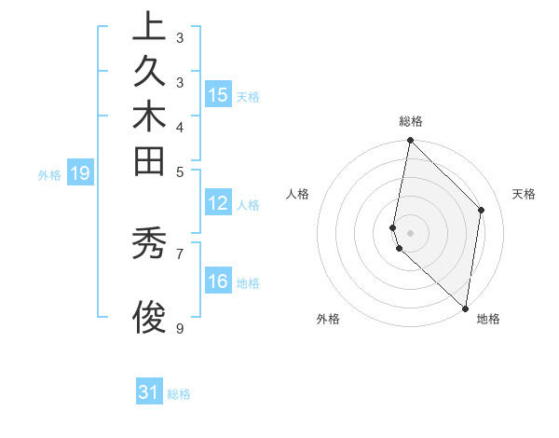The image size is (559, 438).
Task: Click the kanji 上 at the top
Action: [x=149, y=27]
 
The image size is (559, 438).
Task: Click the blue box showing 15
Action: [x=218, y=94]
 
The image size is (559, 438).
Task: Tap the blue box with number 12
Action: [x=218, y=204]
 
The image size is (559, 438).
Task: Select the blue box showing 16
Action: [x=218, y=282]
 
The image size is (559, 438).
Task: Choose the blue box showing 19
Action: [x=81, y=173]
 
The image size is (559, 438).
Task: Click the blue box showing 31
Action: [x=149, y=393]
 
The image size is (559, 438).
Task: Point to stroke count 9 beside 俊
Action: [x=180, y=328]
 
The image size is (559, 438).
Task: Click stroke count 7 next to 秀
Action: [x=180, y=253]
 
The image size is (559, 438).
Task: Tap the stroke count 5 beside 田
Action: [x=180, y=171]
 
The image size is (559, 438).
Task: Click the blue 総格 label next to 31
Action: [x=179, y=394]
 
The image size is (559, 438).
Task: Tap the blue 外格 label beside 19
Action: [x=49, y=174]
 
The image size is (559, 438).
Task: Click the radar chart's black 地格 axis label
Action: [x=488, y=319]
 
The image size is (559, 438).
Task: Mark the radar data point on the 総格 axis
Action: [x=410, y=141]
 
